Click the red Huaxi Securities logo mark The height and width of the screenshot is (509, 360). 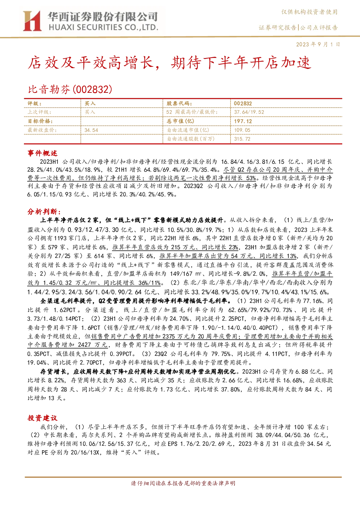pos(32,21)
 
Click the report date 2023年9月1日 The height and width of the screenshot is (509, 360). pos(318,44)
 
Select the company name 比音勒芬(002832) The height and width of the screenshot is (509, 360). pos(70,89)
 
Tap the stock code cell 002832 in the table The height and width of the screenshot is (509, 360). pos(243,103)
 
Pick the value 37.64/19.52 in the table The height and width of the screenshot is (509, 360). pos(249,112)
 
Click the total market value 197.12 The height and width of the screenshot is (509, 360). pos(243,121)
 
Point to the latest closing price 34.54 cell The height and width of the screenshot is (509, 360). pos(91,130)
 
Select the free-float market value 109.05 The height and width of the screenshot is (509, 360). pos(242,130)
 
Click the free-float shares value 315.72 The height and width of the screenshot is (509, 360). pos(242,139)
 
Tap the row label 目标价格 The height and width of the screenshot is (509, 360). pos(40,121)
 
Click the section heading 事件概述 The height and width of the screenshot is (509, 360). pos(42,153)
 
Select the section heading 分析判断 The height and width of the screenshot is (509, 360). pos(44,212)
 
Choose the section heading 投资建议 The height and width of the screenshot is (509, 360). pos(42,418)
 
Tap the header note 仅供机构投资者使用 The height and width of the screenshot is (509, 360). pos(310,12)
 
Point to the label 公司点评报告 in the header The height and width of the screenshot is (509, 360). pos(319,28)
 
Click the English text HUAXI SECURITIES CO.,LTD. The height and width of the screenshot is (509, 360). pos(103,28)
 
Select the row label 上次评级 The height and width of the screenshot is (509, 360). pos(40,112)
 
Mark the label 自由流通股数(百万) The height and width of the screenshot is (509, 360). pos(191,139)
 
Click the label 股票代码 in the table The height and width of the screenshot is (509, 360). pos(179,103)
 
